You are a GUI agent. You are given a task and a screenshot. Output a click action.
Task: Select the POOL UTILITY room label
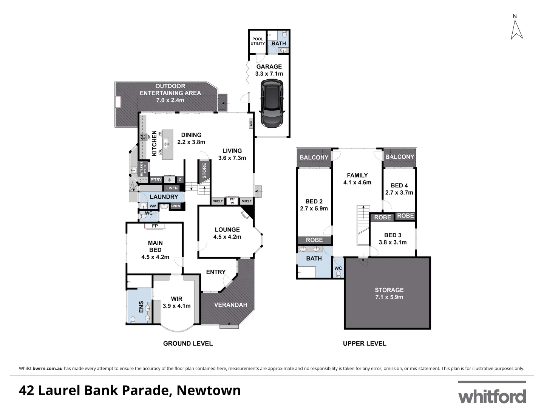(258, 41)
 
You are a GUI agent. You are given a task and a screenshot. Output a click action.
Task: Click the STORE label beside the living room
(204, 171)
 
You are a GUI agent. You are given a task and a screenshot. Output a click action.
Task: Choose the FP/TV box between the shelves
(232, 201)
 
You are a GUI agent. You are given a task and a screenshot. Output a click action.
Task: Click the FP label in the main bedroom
(155, 226)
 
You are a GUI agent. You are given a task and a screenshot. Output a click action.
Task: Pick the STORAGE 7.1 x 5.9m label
(389, 294)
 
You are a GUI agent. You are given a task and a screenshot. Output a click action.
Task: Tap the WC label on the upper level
(338, 269)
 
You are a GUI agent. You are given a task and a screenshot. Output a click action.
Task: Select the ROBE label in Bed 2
(314, 240)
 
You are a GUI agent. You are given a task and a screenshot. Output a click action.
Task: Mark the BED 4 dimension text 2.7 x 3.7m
(399, 193)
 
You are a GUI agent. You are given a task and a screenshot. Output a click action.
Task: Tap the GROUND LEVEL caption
(188, 343)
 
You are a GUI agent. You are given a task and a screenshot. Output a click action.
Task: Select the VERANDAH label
(230, 305)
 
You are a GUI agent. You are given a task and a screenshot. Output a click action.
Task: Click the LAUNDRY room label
(164, 197)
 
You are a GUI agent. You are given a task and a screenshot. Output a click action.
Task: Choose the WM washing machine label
(153, 206)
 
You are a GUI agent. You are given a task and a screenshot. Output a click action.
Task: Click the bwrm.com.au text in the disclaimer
(48, 368)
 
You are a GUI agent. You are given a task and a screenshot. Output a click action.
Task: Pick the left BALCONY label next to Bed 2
(314, 158)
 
